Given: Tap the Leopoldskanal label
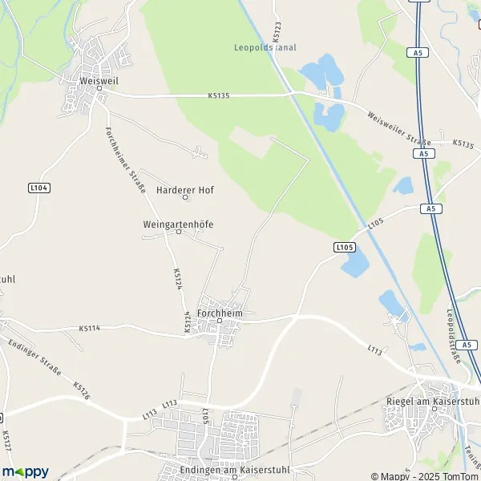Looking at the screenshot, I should [x=265, y=47].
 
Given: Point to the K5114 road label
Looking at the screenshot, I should [x=91, y=328].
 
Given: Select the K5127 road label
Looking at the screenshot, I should [x=6, y=440].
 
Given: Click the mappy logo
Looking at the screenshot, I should [x=25, y=471].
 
